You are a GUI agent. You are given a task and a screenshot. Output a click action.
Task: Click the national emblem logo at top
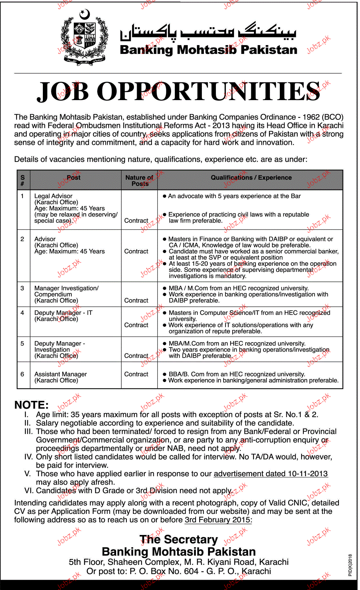[x=85, y=38]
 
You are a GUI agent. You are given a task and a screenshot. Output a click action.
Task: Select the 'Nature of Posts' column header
[x=139, y=180]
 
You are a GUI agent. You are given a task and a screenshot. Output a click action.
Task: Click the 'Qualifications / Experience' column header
[x=251, y=178]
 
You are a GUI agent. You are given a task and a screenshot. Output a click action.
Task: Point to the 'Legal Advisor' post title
[x=53, y=196]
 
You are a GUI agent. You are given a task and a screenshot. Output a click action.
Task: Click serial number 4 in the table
[x=23, y=313]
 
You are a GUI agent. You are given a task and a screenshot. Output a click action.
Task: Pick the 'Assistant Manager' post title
[x=61, y=374]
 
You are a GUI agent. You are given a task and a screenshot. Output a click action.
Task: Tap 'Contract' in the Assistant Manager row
[x=136, y=374]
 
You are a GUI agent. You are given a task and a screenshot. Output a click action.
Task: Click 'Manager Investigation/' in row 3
[x=67, y=288]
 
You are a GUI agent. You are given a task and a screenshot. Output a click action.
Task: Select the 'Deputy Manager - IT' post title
[x=63, y=313]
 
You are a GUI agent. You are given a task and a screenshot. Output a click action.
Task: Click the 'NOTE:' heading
[x=31, y=405]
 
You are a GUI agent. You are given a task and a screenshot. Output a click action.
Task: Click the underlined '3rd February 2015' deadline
[x=217, y=520]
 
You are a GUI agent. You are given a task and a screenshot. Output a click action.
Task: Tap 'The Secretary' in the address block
[x=179, y=539]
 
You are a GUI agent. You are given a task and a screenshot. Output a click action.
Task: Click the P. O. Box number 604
[x=191, y=571]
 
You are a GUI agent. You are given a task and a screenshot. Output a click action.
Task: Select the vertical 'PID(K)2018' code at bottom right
[x=350, y=565]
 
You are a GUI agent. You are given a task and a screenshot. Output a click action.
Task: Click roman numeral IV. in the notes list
[x=28, y=457]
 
